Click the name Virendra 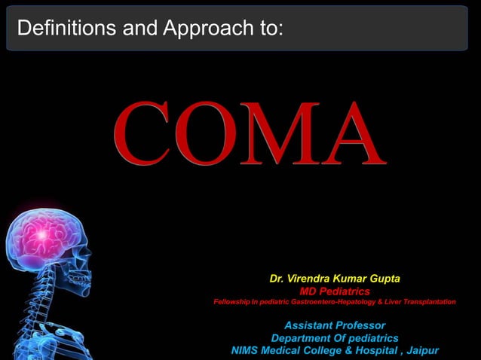[x=312, y=279]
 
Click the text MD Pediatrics [x=335, y=291]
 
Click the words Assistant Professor [x=335, y=325]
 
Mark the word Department [x=300, y=338]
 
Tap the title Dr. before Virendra [x=277, y=279]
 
